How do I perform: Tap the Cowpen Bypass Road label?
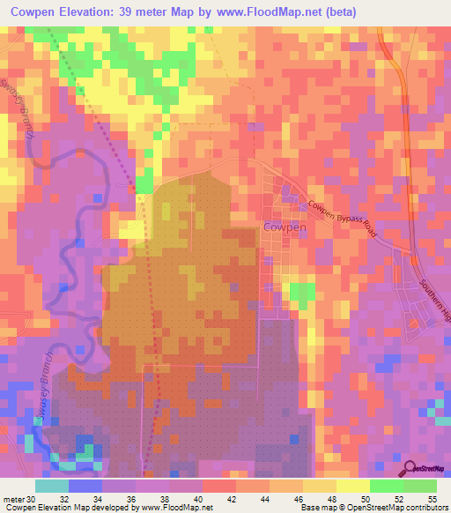(x=341, y=220)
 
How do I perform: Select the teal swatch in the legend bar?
(x=52, y=485)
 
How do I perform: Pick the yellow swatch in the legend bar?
(x=352, y=485)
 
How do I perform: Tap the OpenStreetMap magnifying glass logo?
(x=410, y=470)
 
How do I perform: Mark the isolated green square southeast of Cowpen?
(x=301, y=296)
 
